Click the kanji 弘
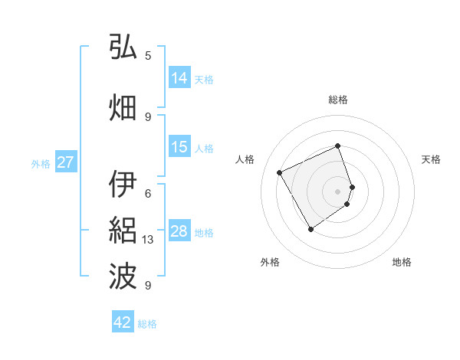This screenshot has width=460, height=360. pyautogui.click(x=123, y=47)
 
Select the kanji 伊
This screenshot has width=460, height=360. pyautogui.click(x=123, y=185)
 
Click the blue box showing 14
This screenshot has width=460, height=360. pyautogui.click(x=179, y=78)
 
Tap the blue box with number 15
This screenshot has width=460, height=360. pyautogui.click(x=179, y=147)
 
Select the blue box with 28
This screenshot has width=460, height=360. pyautogui.click(x=179, y=231)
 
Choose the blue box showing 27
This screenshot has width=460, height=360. pyautogui.click(x=66, y=162)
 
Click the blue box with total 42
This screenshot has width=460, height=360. pyautogui.click(x=123, y=322)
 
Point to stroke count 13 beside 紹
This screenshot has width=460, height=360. pyautogui.click(x=149, y=240)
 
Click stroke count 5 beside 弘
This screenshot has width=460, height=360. pyautogui.click(x=148, y=56)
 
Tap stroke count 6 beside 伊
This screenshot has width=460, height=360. pyautogui.click(x=148, y=194)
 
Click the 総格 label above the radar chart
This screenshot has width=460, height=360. pyautogui.click(x=338, y=100)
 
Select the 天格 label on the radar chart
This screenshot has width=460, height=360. pyautogui.click(x=431, y=159)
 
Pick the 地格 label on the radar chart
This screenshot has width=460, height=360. pyautogui.click(x=402, y=262)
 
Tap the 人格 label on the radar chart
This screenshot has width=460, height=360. pyautogui.click(x=245, y=159)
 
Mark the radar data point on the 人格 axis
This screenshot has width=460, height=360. pyautogui.click(x=280, y=172)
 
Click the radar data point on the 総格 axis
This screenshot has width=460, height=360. pyautogui.click(x=338, y=146)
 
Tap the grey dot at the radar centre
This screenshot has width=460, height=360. pyautogui.click(x=338, y=191)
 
